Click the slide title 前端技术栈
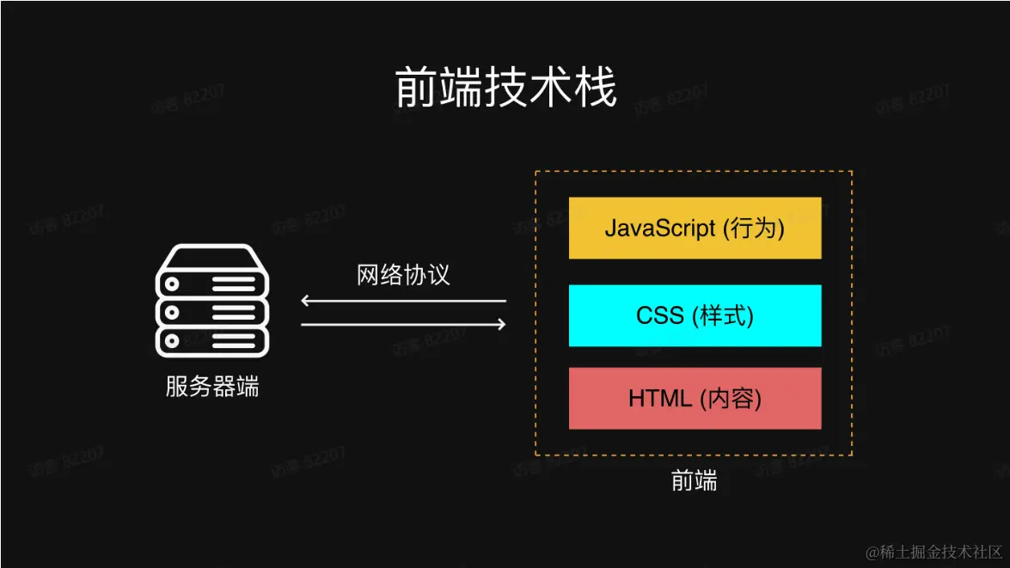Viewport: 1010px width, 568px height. tap(505, 89)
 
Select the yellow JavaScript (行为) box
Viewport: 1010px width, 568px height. tap(695, 228)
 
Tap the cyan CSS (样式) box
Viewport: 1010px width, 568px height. tap(695, 315)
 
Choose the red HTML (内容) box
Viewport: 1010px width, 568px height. tap(695, 399)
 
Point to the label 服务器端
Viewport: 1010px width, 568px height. tap(211, 387)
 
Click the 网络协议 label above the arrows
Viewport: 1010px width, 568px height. tap(403, 275)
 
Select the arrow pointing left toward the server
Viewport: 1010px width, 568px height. tap(403, 301)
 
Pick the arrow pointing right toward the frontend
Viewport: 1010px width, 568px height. tap(403, 325)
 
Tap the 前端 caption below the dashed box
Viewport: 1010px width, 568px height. tap(694, 481)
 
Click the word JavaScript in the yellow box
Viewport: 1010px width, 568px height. tap(660, 228)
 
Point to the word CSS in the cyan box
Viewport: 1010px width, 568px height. tap(660, 315)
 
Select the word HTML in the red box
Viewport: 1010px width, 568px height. tap(660, 399)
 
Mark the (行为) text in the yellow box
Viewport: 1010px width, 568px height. tap(754, 228)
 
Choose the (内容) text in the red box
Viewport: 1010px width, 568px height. tap(731, 399)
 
